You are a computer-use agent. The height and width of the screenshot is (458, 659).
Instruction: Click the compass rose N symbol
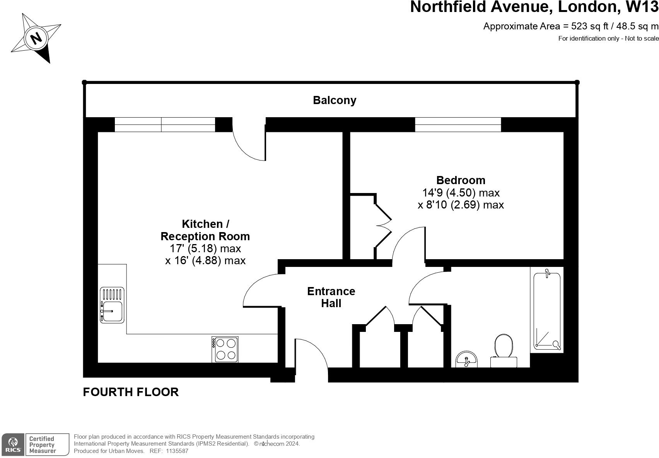click(36, 38)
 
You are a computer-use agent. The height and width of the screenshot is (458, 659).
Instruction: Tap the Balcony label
click(335, 100)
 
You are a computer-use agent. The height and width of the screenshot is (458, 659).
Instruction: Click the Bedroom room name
click(461, 180)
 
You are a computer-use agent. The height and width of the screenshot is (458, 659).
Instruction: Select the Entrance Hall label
click(331, 297)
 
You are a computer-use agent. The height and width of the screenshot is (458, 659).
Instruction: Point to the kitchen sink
click(112, 305)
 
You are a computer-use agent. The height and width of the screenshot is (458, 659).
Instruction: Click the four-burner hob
click(225, 349)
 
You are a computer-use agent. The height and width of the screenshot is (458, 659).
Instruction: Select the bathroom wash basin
click(467, 359)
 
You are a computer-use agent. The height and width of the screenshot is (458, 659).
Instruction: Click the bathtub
click(547, 311)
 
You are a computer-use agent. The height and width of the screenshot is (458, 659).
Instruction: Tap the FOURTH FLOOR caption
click(131, 392)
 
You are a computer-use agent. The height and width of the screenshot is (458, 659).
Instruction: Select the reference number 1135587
click(177, 451)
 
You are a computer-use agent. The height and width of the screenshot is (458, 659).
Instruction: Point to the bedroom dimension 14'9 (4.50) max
click(461, 192)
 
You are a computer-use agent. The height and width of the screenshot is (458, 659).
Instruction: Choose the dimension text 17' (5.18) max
click(205, 248)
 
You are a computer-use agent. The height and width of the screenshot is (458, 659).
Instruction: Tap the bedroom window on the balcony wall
click(458, 125)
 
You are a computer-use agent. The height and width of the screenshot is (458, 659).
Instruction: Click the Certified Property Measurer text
click(42, 445)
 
